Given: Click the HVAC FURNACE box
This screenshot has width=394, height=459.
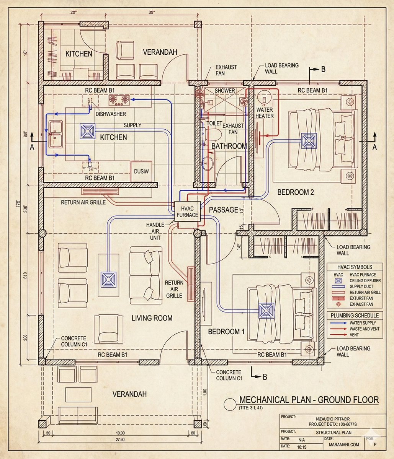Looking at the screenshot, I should click(x=187, y=212).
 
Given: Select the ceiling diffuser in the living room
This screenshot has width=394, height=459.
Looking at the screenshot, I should click(x=108, y=279).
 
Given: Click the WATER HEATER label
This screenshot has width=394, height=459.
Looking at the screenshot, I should click(x=264, y=113).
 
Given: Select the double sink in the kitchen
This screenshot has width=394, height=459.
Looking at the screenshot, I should click(x=56, y=134).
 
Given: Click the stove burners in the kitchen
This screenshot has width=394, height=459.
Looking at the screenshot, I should click(x=119, y=101).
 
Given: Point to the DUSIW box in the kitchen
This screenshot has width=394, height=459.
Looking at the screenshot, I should click(x=141, y=171).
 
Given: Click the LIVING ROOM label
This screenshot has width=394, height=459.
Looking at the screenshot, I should click(x=152, y=318).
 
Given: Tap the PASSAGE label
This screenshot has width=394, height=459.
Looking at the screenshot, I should click(x=224, y=210).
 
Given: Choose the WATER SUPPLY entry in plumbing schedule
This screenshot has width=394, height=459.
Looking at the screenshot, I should click(x=363, y=323).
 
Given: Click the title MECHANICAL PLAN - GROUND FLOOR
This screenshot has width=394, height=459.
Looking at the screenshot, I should click(x=309, y=400).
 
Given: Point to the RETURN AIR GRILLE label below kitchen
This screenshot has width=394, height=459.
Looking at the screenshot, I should click(x=83, y=202).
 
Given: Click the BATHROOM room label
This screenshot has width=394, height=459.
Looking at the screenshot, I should click(x=229, y=146).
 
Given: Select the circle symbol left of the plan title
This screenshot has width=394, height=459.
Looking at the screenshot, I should click(x=229, y=404).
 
